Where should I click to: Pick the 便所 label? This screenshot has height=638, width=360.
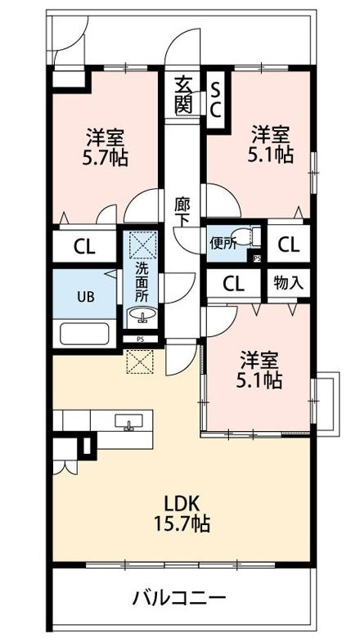tap(223, 243)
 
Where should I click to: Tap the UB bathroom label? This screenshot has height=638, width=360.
tap(86, 297)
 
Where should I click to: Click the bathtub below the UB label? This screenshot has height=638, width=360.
tap(84, 335)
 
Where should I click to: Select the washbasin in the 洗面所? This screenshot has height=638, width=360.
tap(142, 315)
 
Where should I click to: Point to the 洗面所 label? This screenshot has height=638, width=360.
tap(142, 281)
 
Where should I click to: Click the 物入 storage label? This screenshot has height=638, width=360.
tap(288, 282)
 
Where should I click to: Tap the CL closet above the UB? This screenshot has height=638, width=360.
tap(84, 246)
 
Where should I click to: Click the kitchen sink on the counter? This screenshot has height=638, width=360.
tap(129, 421)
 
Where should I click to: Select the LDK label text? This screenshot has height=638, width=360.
tap(181, 505)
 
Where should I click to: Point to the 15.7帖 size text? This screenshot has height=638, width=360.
tap(182, 523)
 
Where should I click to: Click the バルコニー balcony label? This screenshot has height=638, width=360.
tap(179, 598)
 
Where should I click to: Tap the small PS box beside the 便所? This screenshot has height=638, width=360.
tap(257, 258)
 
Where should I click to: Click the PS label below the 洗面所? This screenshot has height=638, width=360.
tap(140, 339)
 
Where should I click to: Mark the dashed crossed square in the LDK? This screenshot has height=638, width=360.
tap(140, 362)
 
